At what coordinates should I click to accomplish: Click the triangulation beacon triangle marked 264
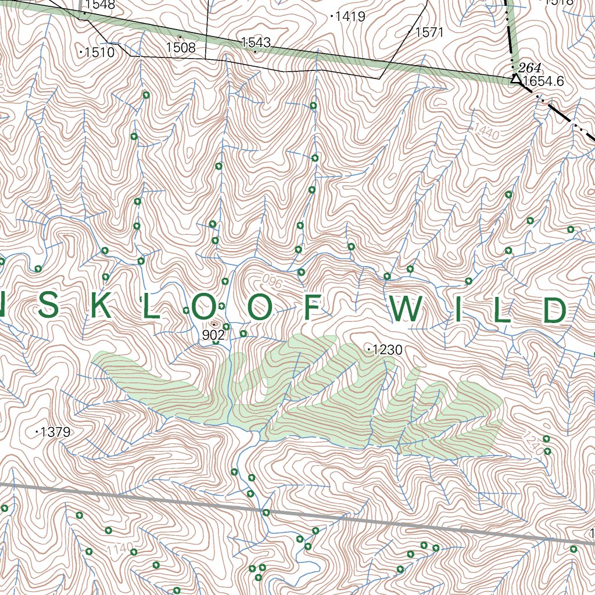(x=515, y=78)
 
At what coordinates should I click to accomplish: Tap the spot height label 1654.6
(x=543, y=82)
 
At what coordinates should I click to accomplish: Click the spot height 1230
(x=386, y=350)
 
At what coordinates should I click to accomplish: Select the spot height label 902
(x=213, y=335)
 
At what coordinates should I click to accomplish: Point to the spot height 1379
(x=56, y=432)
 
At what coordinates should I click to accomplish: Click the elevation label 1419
(x=350, y=17)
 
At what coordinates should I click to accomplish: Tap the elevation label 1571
(x=429, y=33)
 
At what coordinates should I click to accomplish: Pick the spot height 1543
(x=256, y=42)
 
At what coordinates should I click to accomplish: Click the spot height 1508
(x=181, y=47)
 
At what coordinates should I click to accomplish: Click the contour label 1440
(x=486, y=131)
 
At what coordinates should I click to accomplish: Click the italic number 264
(x=530, y=66)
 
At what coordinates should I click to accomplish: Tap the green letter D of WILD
(x=555, y=310)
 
